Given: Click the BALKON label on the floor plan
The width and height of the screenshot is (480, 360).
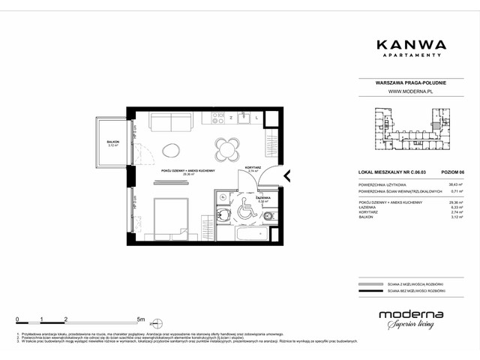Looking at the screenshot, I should point(112,142).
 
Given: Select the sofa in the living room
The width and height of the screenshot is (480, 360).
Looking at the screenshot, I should point(172,122).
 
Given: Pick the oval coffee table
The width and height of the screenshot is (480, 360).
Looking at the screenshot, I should point(172,148).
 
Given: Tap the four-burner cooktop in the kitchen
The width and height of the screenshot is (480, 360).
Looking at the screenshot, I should point(217,117).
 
